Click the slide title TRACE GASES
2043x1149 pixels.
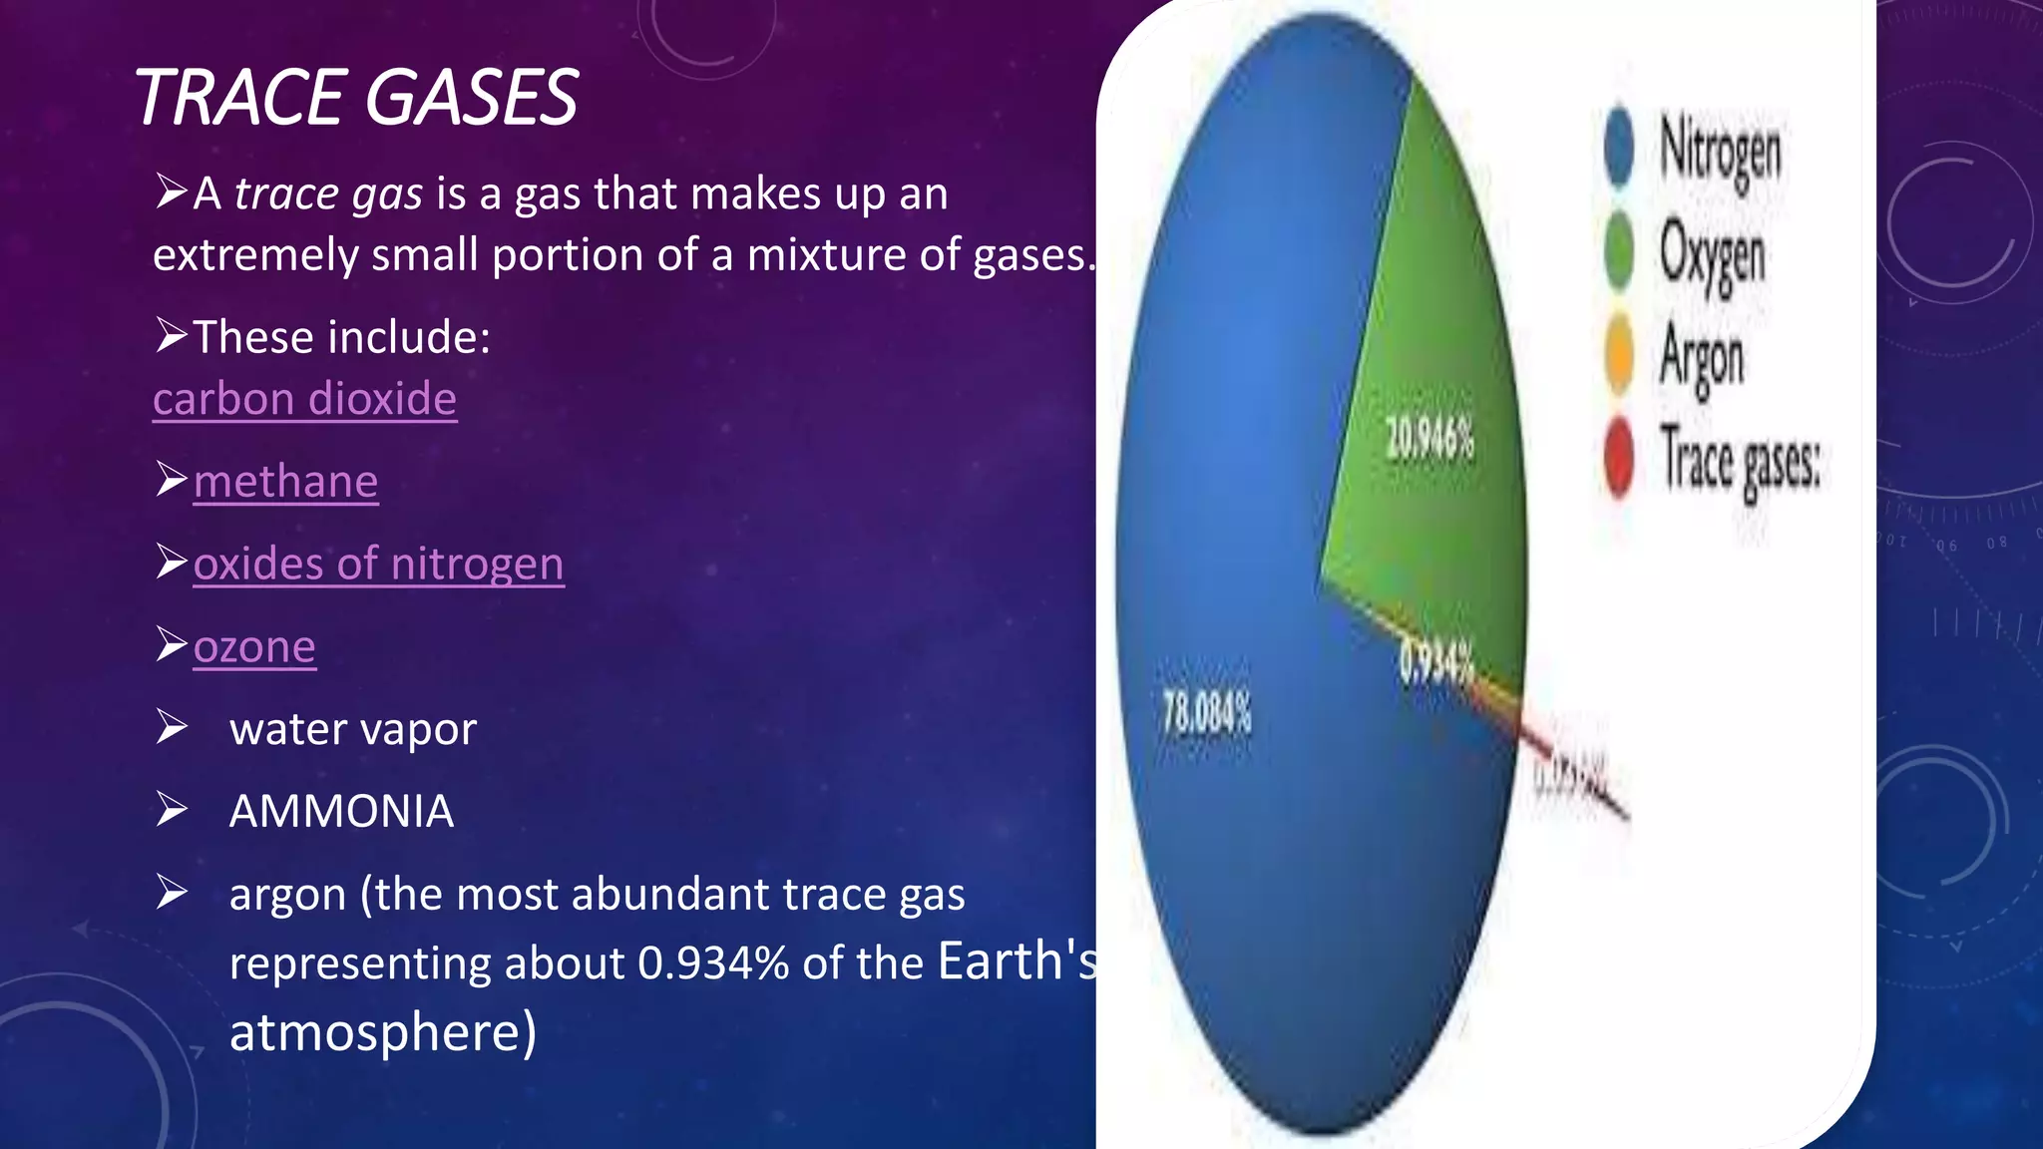[356, 98]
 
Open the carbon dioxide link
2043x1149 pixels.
[304, 399]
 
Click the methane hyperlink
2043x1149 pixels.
[285, 482]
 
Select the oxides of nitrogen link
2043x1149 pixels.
[378, 565]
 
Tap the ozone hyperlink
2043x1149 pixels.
[254, 647]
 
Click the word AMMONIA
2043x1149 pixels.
[341, 811]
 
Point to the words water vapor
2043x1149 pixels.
[352, 729]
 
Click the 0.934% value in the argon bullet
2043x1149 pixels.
[713, 963]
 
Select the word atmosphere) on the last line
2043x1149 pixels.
[383, 1032]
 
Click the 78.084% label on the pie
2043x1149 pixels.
[1206, 713]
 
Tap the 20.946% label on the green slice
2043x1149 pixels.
[1430, 439]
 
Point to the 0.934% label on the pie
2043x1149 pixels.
[1435, 663]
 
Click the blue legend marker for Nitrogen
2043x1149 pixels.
[1619, 147]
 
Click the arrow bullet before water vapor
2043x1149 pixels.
[172, 728]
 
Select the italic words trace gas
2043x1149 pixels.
[328, 193]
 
